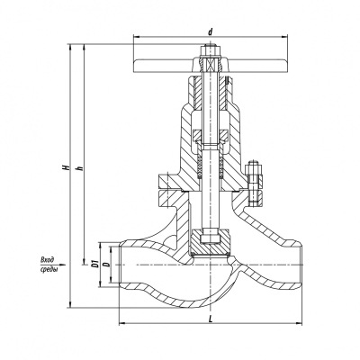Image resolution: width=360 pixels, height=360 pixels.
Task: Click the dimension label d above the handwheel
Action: [211, 31]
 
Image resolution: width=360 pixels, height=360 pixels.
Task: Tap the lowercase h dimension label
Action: [79, 168]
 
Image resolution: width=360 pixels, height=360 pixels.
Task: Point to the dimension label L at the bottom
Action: [211, 319]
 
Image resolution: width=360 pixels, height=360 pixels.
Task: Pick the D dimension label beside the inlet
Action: [106, 265]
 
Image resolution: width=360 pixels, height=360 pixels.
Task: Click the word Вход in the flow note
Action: [48, 259]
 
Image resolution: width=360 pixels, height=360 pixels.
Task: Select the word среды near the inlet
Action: [49, 269]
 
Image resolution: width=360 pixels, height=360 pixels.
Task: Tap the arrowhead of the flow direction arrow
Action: [62, 265]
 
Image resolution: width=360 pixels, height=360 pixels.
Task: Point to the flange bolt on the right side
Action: [255, 184]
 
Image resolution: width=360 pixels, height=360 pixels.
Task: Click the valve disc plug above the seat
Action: [211, 242]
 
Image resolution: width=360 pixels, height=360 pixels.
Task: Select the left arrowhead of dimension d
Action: [137, 37]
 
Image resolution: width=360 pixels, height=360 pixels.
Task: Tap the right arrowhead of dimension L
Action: [299, 323]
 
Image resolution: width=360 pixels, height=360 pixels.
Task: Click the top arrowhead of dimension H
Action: [70, 48]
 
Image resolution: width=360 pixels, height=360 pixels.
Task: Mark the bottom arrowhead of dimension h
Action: [84, 262]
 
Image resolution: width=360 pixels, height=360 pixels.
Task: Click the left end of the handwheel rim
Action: [134, 66]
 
